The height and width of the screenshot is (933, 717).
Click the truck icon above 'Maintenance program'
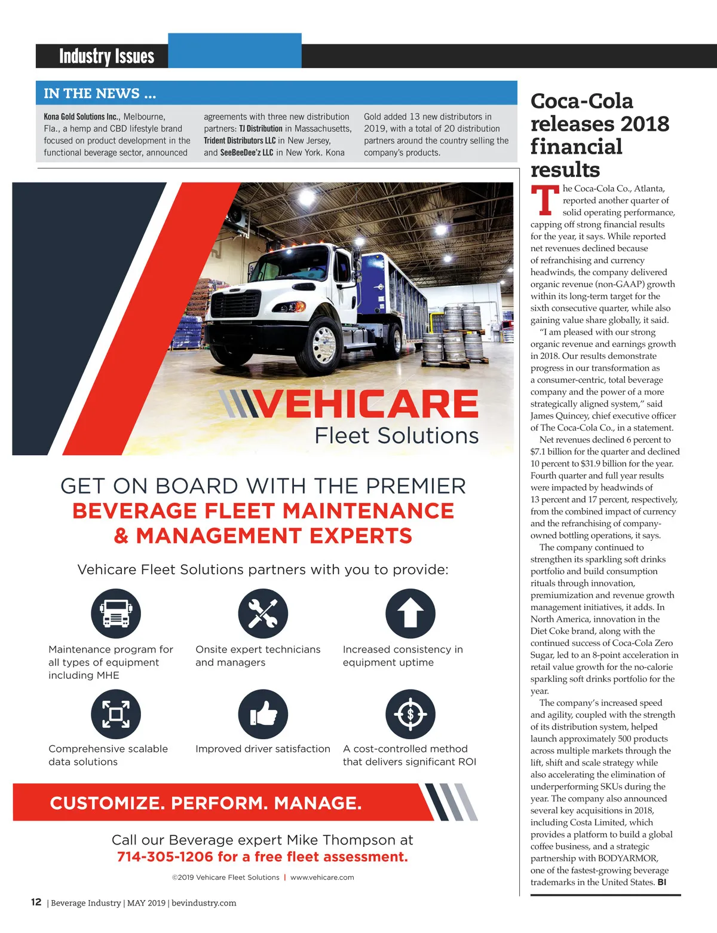tap(116, 614)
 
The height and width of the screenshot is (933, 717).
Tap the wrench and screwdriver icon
tap(263, 614)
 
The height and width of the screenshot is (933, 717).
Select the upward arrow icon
tap(410, 614)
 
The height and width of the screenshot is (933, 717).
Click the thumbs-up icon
tap(263, 714)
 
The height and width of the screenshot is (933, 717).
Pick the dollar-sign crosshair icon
tap(410, 714)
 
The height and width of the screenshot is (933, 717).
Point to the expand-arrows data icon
tap(116, 714)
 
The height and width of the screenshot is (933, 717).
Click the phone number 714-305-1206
tap(165, 857)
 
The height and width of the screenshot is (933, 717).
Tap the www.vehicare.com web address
tap(322, 877)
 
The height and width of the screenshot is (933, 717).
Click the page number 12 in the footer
tap(36, 902)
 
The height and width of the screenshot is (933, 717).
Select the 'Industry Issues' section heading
tap(106, 56)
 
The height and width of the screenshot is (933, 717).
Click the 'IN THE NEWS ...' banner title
tap(100, 93)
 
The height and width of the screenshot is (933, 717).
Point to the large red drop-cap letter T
tap(544, 201)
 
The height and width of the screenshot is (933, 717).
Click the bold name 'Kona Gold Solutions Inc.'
tap(82, 117)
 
